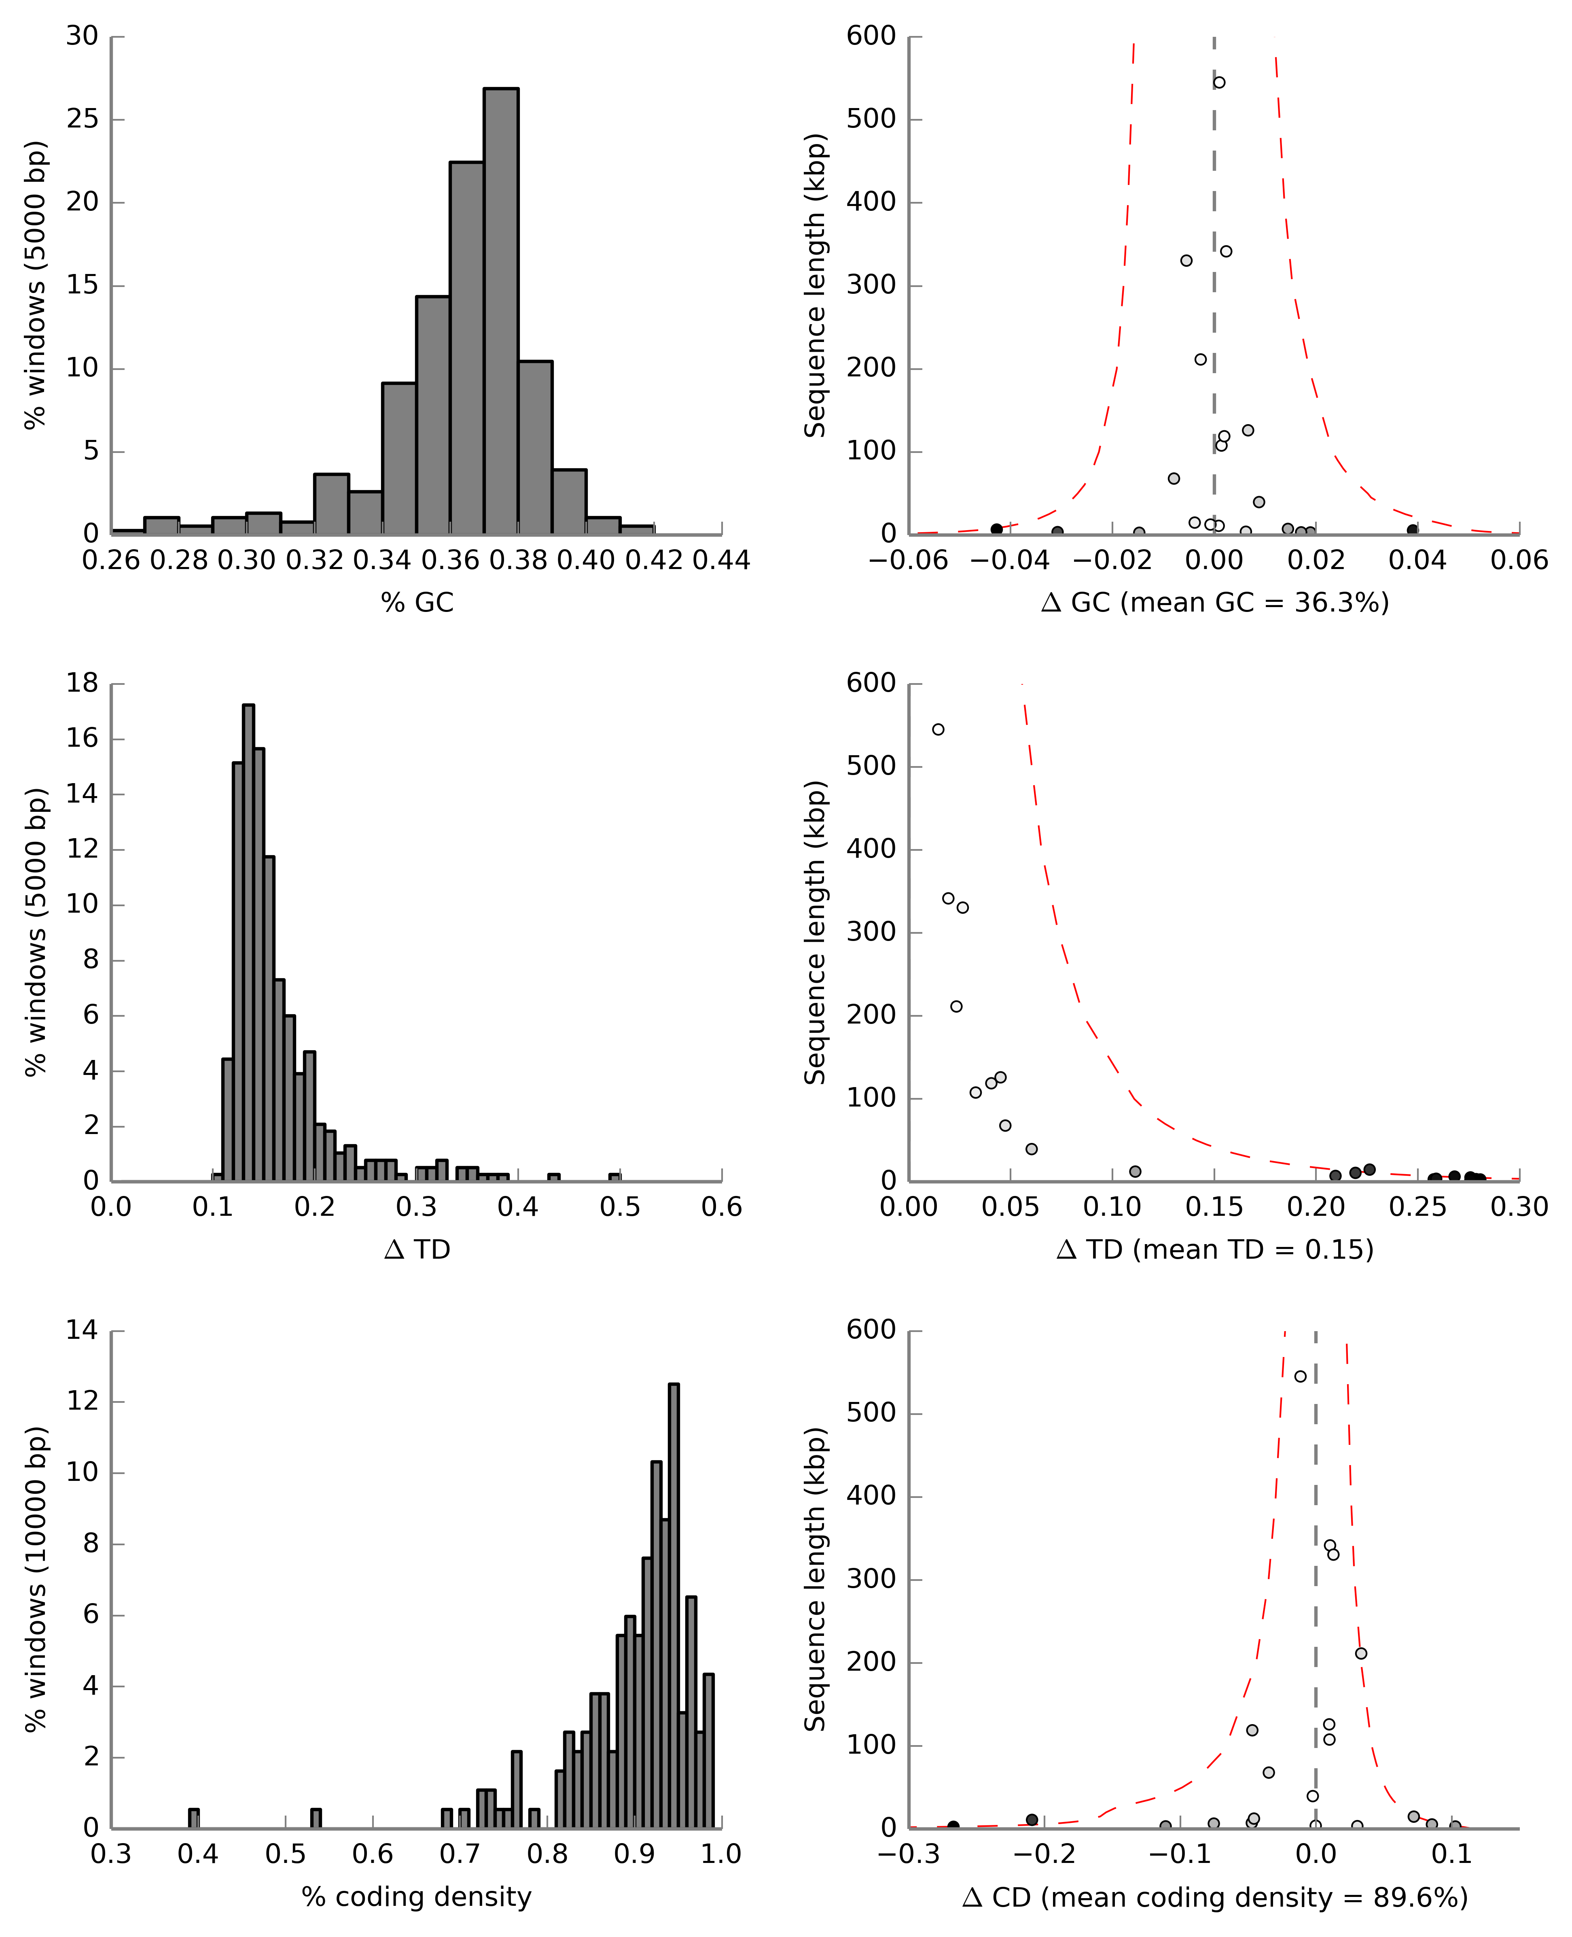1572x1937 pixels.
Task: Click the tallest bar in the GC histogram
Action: pos(501,311)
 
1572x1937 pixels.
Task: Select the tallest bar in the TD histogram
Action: pos(248,942)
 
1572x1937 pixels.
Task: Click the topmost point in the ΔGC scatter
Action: pos(1219,83)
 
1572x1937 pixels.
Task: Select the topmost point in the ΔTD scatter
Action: pos(938,729)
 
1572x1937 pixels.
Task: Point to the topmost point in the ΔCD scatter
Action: pos(1300,1376)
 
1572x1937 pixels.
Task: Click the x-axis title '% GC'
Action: pos(417,603)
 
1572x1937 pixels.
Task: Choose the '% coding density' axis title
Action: pos(417,1896)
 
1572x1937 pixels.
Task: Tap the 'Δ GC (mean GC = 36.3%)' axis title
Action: pos(1214,603)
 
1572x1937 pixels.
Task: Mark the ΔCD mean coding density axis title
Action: pos(1214,1897)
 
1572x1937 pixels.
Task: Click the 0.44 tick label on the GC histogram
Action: pos(721,561)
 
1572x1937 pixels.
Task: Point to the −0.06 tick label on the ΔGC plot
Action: pos(908,561)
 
